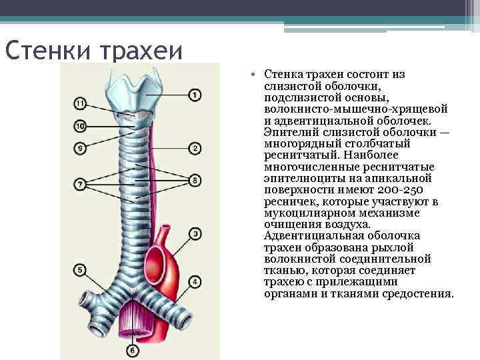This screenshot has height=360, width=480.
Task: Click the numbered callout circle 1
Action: [195, 95]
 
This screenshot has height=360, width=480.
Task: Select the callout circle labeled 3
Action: [195, 233]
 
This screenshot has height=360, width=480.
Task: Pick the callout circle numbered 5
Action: [80, 271]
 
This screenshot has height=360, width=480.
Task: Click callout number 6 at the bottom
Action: [132, 349]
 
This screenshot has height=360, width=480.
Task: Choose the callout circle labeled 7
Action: [80, 183]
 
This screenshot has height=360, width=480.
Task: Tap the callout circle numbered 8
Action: [195, 180]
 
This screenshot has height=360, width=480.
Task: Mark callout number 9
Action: [80, 148]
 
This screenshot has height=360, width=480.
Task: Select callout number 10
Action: [80, 125]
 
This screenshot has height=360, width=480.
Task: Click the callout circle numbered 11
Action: [80, 103]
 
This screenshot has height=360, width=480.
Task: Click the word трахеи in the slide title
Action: [141, 50]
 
